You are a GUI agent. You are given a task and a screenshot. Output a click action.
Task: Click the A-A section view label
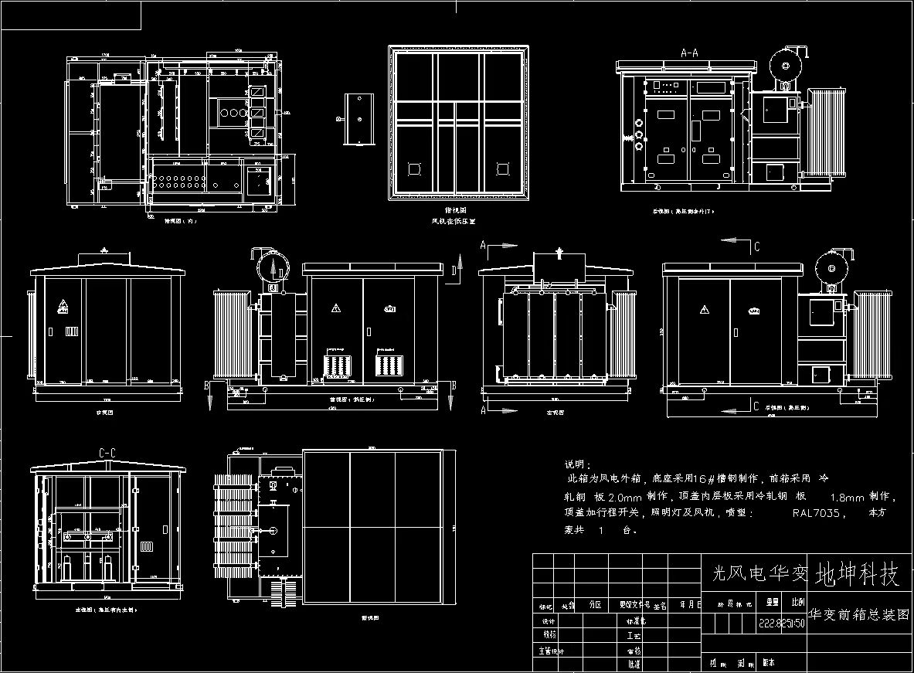pyautogui.click(x=688, y=53)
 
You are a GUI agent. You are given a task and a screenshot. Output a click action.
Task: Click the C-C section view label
pyautogui.click(x=107, y=453)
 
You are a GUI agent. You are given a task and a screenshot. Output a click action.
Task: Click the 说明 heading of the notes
pyautogui.click(x=577, y=465)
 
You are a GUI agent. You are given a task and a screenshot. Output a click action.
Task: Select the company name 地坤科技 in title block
pyautogui.click(x=858, y=574)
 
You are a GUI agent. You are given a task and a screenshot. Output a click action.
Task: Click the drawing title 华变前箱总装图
pyautogui.click(x=858, y=615)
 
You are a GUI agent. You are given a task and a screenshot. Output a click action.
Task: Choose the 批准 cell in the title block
pyautogui.click(x=634, y=664)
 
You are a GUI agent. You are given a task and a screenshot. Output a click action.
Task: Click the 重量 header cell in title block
pyautogui.click(x=771, y=600)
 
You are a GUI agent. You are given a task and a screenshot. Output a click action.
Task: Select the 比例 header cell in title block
pyautogui.click(x=797, y=600)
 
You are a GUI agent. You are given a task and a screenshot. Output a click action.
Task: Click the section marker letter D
pyautogui.click(x=454, y=269)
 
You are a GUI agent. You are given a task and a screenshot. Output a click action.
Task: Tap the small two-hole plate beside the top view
pyautogui.click(x=359, y=119)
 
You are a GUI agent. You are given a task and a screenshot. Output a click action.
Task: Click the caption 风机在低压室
pyautogui.click(x=453, y=221)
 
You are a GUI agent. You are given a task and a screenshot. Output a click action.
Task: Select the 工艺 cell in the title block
pyautogui.click(x=634, y=636)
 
